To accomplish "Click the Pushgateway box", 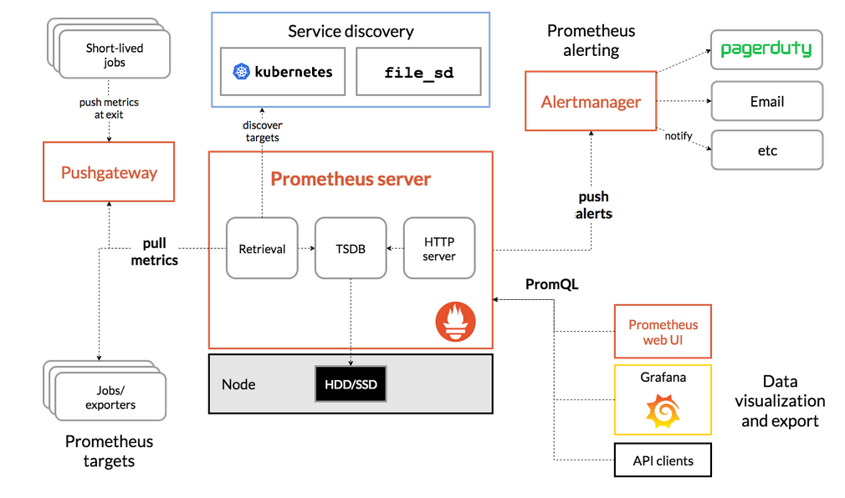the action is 109,172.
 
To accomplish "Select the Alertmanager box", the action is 591,101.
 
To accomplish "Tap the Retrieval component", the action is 262,248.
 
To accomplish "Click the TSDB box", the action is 351,248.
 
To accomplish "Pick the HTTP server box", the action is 439,248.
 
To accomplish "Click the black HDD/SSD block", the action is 351,384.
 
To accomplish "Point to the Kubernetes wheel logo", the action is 241,72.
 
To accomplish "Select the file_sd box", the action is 418,72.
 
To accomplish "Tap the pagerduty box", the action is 766,49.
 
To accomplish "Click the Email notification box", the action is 767,101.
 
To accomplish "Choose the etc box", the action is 767,150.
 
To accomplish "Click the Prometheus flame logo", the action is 455,322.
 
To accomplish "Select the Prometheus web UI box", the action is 663,332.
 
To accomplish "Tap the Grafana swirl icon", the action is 663,411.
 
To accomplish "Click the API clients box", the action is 663,460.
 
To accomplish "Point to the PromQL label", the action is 552,284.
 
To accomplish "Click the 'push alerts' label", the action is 594,205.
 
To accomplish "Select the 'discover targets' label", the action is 263,131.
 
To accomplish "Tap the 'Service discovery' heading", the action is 351,31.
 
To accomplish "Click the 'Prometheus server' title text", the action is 351,179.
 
